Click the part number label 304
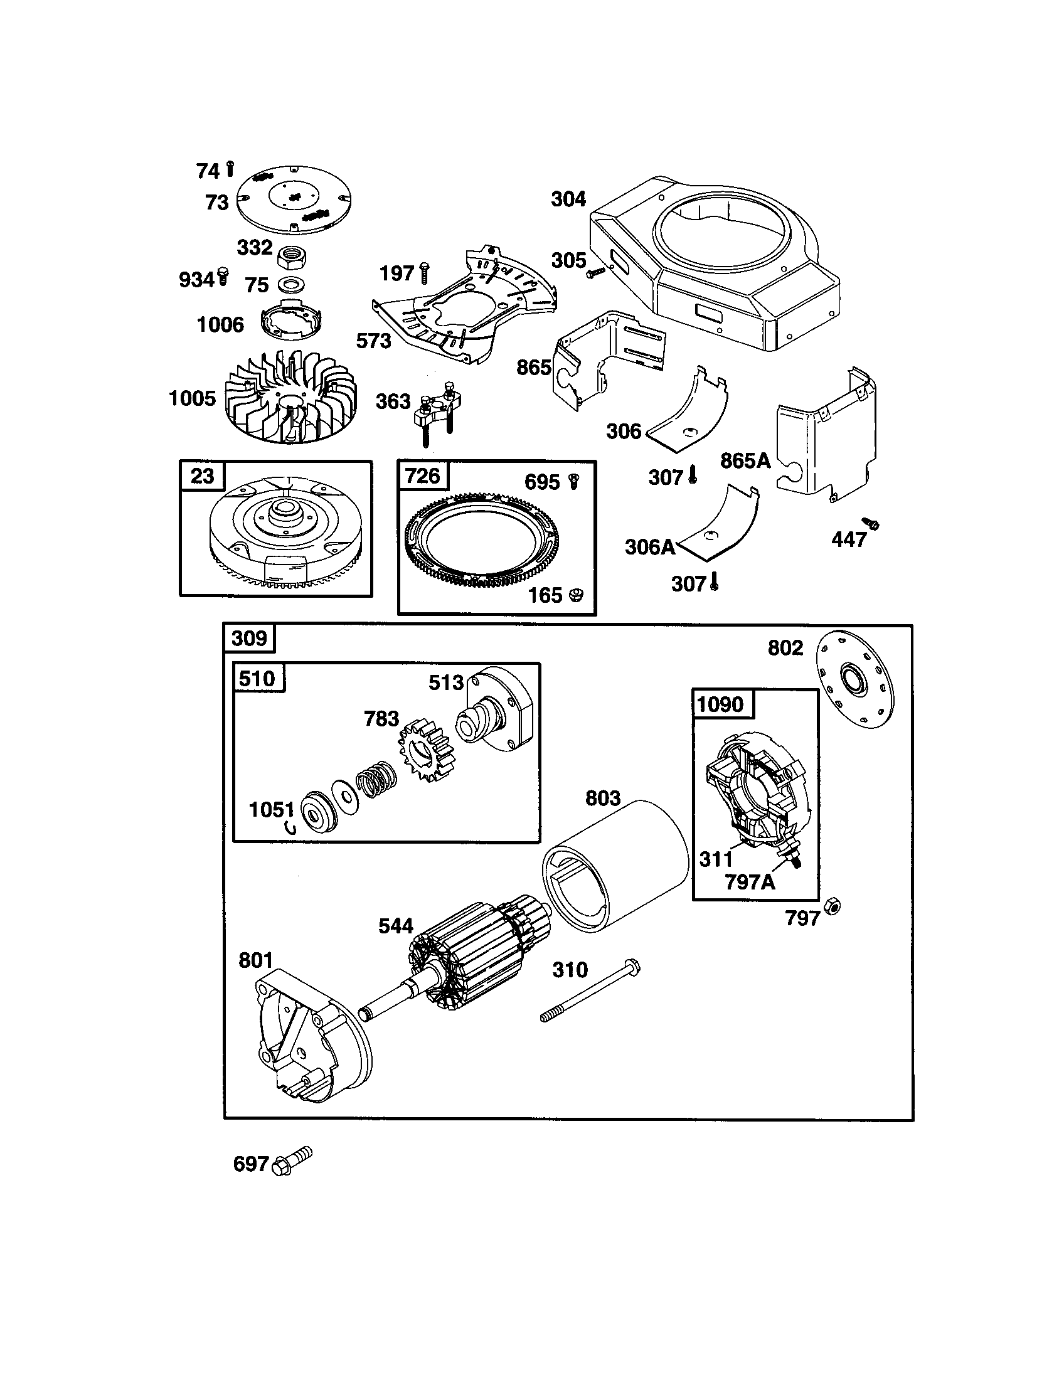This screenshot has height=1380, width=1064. tap(568, 199)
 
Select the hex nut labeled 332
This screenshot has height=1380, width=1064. tap(292, 257)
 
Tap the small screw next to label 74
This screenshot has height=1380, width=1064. tap(230, 169)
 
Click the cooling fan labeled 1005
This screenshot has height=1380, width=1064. tap(290, 398)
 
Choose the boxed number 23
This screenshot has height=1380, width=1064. tap(202, 475)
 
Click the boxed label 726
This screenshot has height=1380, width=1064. tap(422, 475)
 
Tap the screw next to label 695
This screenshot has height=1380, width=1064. tap(574, 482)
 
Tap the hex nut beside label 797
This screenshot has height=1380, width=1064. tap(833, 908)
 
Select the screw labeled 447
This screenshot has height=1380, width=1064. tap(873, 524)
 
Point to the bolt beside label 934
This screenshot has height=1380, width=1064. tap(223, 276)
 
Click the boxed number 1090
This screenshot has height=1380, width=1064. tap(720, 704)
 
